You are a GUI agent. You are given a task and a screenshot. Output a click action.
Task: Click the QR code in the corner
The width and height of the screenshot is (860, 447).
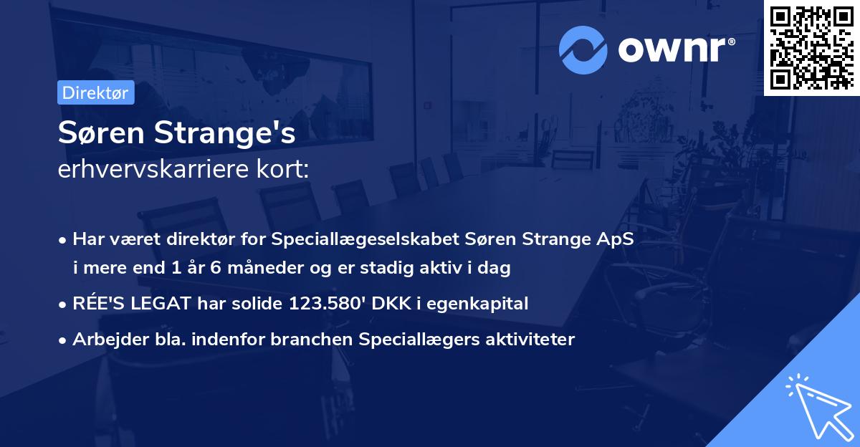coord(811,47)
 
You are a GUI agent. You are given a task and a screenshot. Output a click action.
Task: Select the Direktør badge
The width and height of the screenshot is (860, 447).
coord(95,92)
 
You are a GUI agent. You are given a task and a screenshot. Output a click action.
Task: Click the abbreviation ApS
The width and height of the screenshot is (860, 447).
coord(615,239)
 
